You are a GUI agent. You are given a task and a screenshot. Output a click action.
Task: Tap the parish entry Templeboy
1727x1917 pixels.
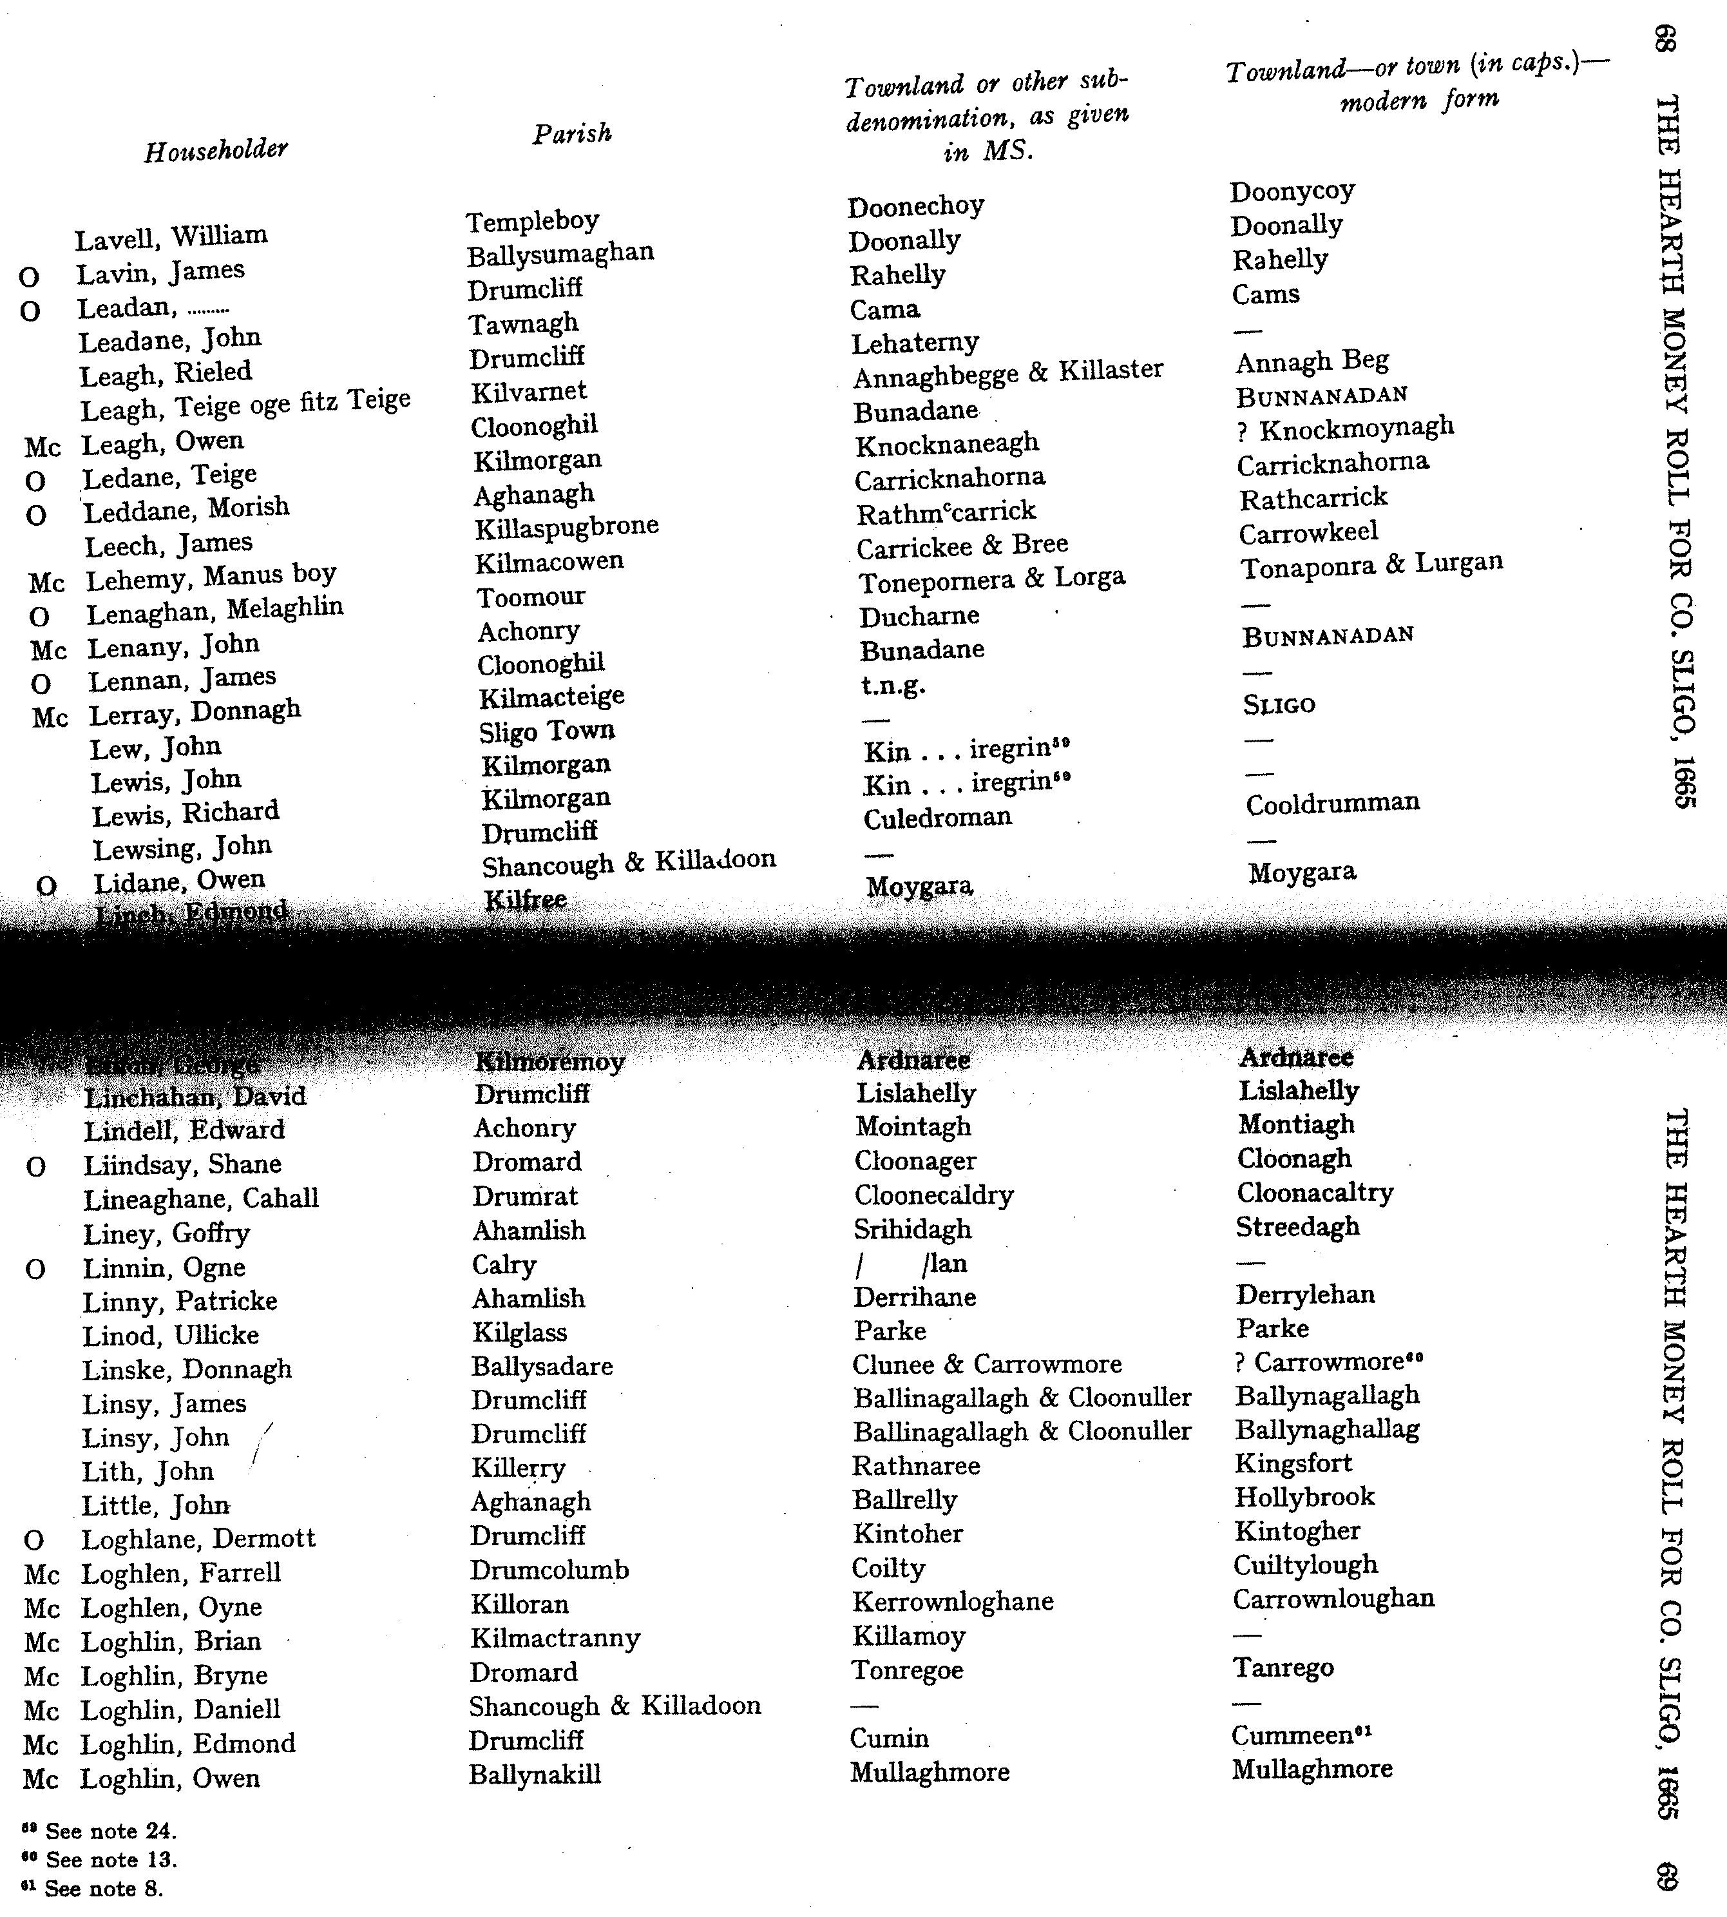(532, 221)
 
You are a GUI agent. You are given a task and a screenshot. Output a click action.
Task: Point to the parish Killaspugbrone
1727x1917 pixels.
(566, 526)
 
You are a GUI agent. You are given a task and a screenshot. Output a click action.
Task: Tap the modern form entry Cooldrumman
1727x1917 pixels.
(1332, 804)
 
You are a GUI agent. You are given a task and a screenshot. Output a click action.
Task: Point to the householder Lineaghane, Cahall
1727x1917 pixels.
(201, 1199)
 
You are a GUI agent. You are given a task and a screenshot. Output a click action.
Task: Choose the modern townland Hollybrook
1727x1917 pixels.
(1304, 1497)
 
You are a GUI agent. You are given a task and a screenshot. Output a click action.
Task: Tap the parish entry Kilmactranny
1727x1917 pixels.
(555, 1637)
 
